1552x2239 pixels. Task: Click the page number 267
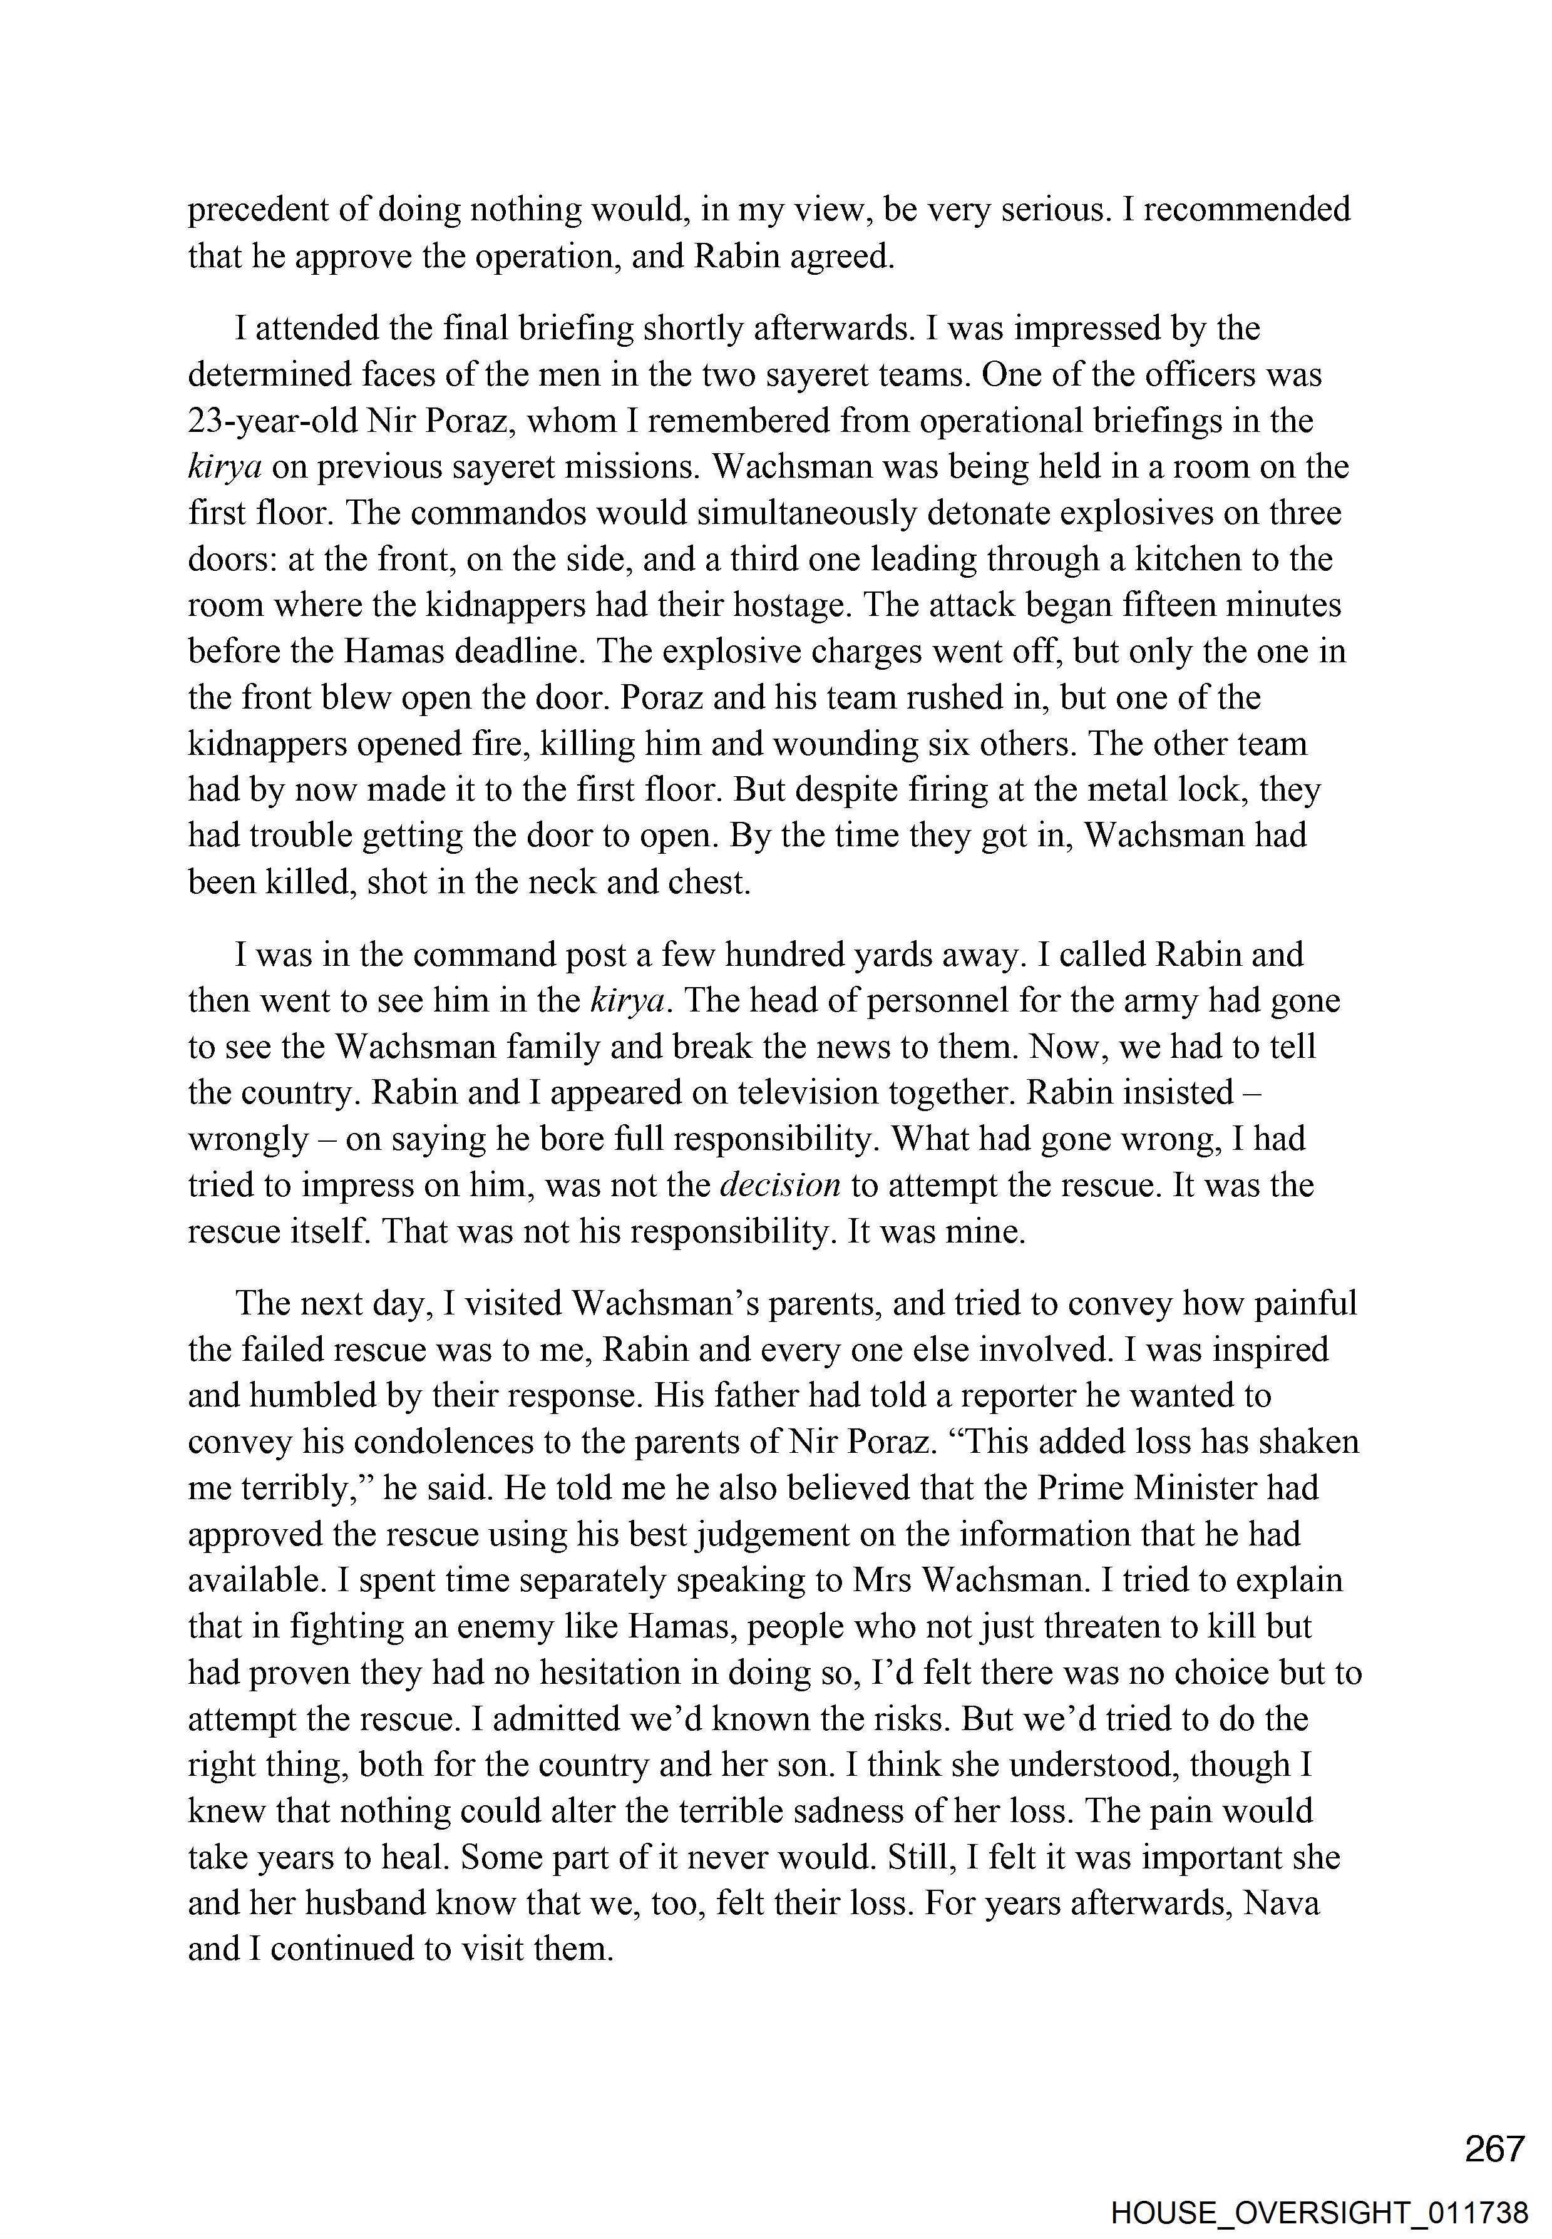point(1494,2149)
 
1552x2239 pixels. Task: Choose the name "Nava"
point(1281,1903)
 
